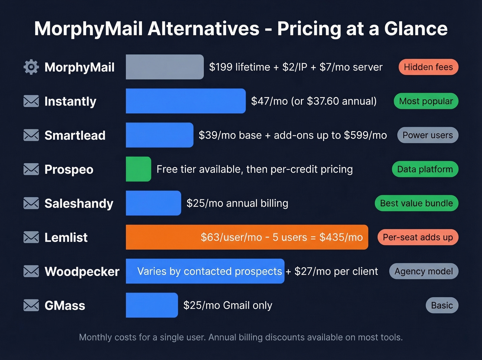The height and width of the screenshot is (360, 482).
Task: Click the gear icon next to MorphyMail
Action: coord(31,67)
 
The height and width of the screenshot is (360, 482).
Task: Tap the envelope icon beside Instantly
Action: coord(31,101)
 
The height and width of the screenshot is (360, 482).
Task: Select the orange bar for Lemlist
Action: coord(247,237)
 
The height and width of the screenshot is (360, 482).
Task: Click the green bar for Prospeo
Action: coord(138,169)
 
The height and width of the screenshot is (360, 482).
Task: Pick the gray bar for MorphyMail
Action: coord(165,67)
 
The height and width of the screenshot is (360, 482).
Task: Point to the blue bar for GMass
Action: coord(152,305)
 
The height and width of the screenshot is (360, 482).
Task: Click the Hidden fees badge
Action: coord(428,67)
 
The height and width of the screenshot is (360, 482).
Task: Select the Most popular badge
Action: coord(426,101)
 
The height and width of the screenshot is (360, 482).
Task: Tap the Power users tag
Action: coord(428,135)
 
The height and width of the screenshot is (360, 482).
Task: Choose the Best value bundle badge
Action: coord(416,203)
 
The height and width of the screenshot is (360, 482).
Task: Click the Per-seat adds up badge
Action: coord(418,237)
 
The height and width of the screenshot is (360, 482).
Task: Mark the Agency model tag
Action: coord(423,271)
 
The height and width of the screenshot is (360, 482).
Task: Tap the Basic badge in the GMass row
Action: coord(442,306)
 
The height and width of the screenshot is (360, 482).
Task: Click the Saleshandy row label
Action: coord(79,204)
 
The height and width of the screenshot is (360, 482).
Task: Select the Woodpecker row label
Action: coord(82,271)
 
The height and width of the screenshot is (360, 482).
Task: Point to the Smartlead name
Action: coord(75,135)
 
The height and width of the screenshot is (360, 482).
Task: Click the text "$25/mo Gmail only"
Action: coord(228,305)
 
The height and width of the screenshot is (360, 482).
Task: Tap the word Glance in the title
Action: coord(416,29)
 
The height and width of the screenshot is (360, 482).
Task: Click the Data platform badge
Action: coord(425,169)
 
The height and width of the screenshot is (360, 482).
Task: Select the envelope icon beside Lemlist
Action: coord(31,237)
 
